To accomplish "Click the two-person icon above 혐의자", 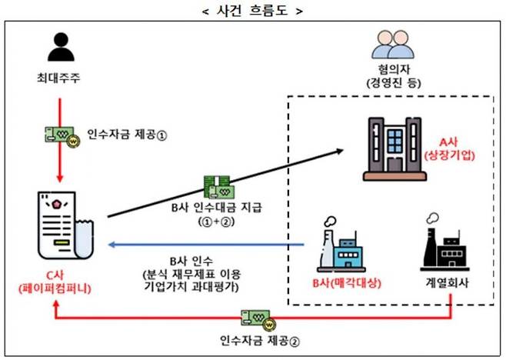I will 391,46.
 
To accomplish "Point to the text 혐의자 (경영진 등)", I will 390,77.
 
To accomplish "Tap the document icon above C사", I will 65,228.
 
